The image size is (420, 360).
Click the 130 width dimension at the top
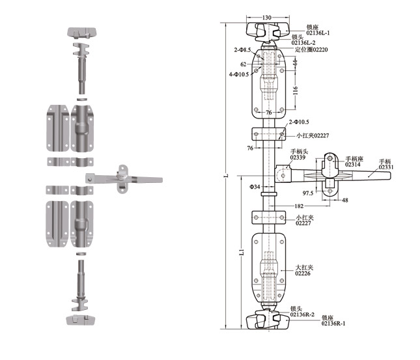coord(267,18)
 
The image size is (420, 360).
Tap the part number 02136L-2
coord(303,43)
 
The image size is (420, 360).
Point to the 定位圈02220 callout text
coord(313,49)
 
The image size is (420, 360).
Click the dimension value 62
coord(243,64)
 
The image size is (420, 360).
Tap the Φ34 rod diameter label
coord(254,188)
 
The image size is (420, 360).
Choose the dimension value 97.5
coord(307,193)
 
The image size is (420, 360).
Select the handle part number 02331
coord(386,167)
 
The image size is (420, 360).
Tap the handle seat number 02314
coord(353,165)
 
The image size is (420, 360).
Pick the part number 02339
coord(299,158)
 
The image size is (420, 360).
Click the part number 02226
coord(303,274)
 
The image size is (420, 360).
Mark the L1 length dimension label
coord(241,251)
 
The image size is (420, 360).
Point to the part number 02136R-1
coord(333,323)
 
